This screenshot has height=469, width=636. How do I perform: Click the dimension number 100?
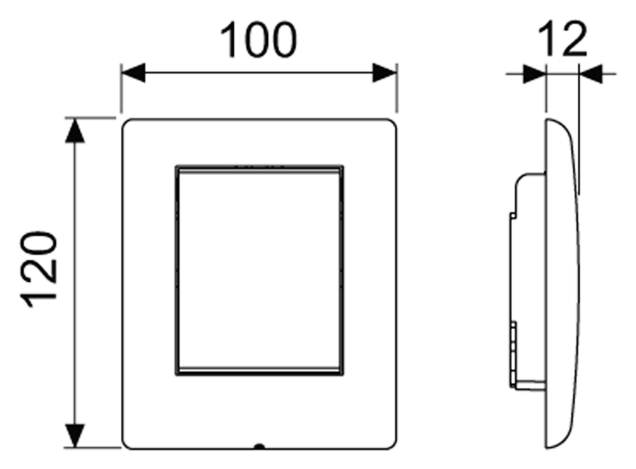(x=258, y=40)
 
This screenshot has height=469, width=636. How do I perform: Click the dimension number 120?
(x=39, y=269)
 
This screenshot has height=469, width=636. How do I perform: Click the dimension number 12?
(x=563, y=39)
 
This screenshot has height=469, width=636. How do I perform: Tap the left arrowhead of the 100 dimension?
(x=133, y=73)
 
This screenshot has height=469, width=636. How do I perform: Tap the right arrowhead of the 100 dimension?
(x=384, y=73)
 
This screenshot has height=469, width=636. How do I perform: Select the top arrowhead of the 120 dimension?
(x=75, y=131)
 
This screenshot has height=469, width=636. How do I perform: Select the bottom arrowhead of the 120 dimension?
(x=75, y=436)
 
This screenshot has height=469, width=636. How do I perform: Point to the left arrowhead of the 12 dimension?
(x=535, y=74)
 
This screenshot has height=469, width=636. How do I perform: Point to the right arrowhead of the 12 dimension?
(x=591, y=74)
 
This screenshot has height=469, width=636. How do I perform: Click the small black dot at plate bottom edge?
(x=259, y=447)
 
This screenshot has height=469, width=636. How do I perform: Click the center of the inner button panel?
(x=260, y=270)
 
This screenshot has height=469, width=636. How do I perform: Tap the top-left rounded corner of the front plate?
(x=127, y=123)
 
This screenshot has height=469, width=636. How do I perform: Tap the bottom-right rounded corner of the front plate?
(x=392, y=445)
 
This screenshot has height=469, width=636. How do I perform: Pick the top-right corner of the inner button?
(x=343, y=166)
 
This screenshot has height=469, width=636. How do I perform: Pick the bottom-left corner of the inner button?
(x=176, y=375)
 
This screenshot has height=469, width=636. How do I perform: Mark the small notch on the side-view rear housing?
(x=513, y=215)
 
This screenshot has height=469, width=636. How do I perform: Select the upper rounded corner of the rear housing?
(x=520, y=179)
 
